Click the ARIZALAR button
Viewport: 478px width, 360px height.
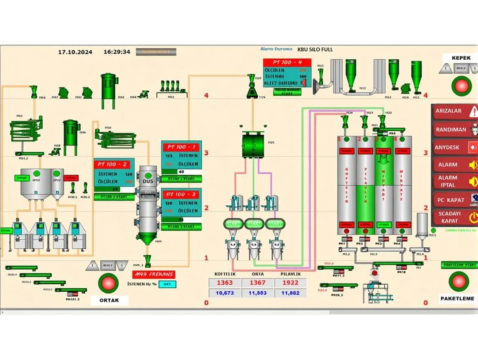[454, 111]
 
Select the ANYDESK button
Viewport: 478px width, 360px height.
[454, 147]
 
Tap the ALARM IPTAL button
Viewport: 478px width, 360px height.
[454, 181]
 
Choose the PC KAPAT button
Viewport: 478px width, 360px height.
[454, 200]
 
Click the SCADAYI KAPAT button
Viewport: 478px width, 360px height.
[454, 217]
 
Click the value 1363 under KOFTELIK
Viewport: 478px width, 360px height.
[225, 283]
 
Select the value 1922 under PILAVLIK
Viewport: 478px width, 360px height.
[290, 283]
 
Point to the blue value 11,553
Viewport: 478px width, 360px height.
[257, 293]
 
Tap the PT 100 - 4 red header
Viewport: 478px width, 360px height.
[288, 62]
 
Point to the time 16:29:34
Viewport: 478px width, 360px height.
[117, 52]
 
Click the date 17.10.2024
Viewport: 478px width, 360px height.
[75, 52]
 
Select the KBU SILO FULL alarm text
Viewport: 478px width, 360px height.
[315, 49]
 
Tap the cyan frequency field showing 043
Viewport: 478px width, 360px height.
[167, 284]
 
